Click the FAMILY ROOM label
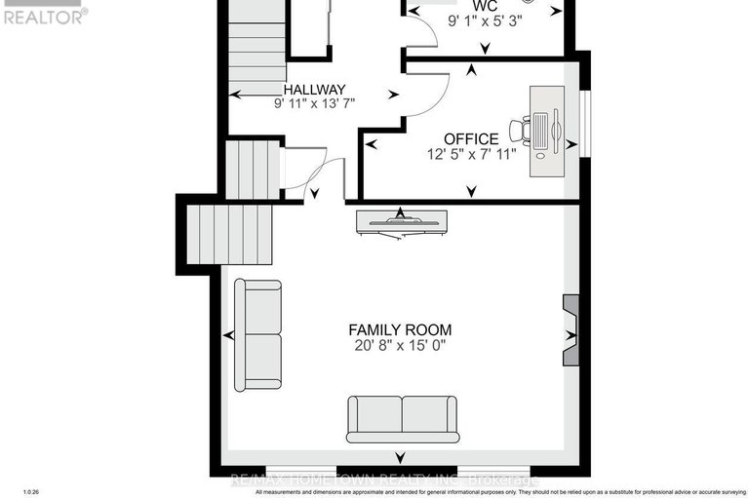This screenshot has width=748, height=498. click(x=401, y=330)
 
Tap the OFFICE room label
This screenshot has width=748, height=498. click(x=471, y=139)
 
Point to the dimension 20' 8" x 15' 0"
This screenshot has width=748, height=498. click(x=401, y=346)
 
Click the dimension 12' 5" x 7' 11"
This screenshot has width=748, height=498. click(x=471, y=154)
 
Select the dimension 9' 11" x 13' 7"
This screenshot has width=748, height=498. click(x=313, y=103)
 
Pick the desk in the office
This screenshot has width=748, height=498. click(x=546, y=131)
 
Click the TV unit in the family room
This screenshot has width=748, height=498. click(x=402, y=222)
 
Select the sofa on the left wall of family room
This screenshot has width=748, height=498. click(x=257, y=334)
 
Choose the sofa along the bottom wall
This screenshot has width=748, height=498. click(x=401, y=418)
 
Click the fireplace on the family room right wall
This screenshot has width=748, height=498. click(x=571, y=329)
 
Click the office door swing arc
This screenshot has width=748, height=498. click(x=430, y=96)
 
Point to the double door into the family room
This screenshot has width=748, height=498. click(x=314, y=175)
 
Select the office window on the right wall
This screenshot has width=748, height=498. click(x=586, y=121)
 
